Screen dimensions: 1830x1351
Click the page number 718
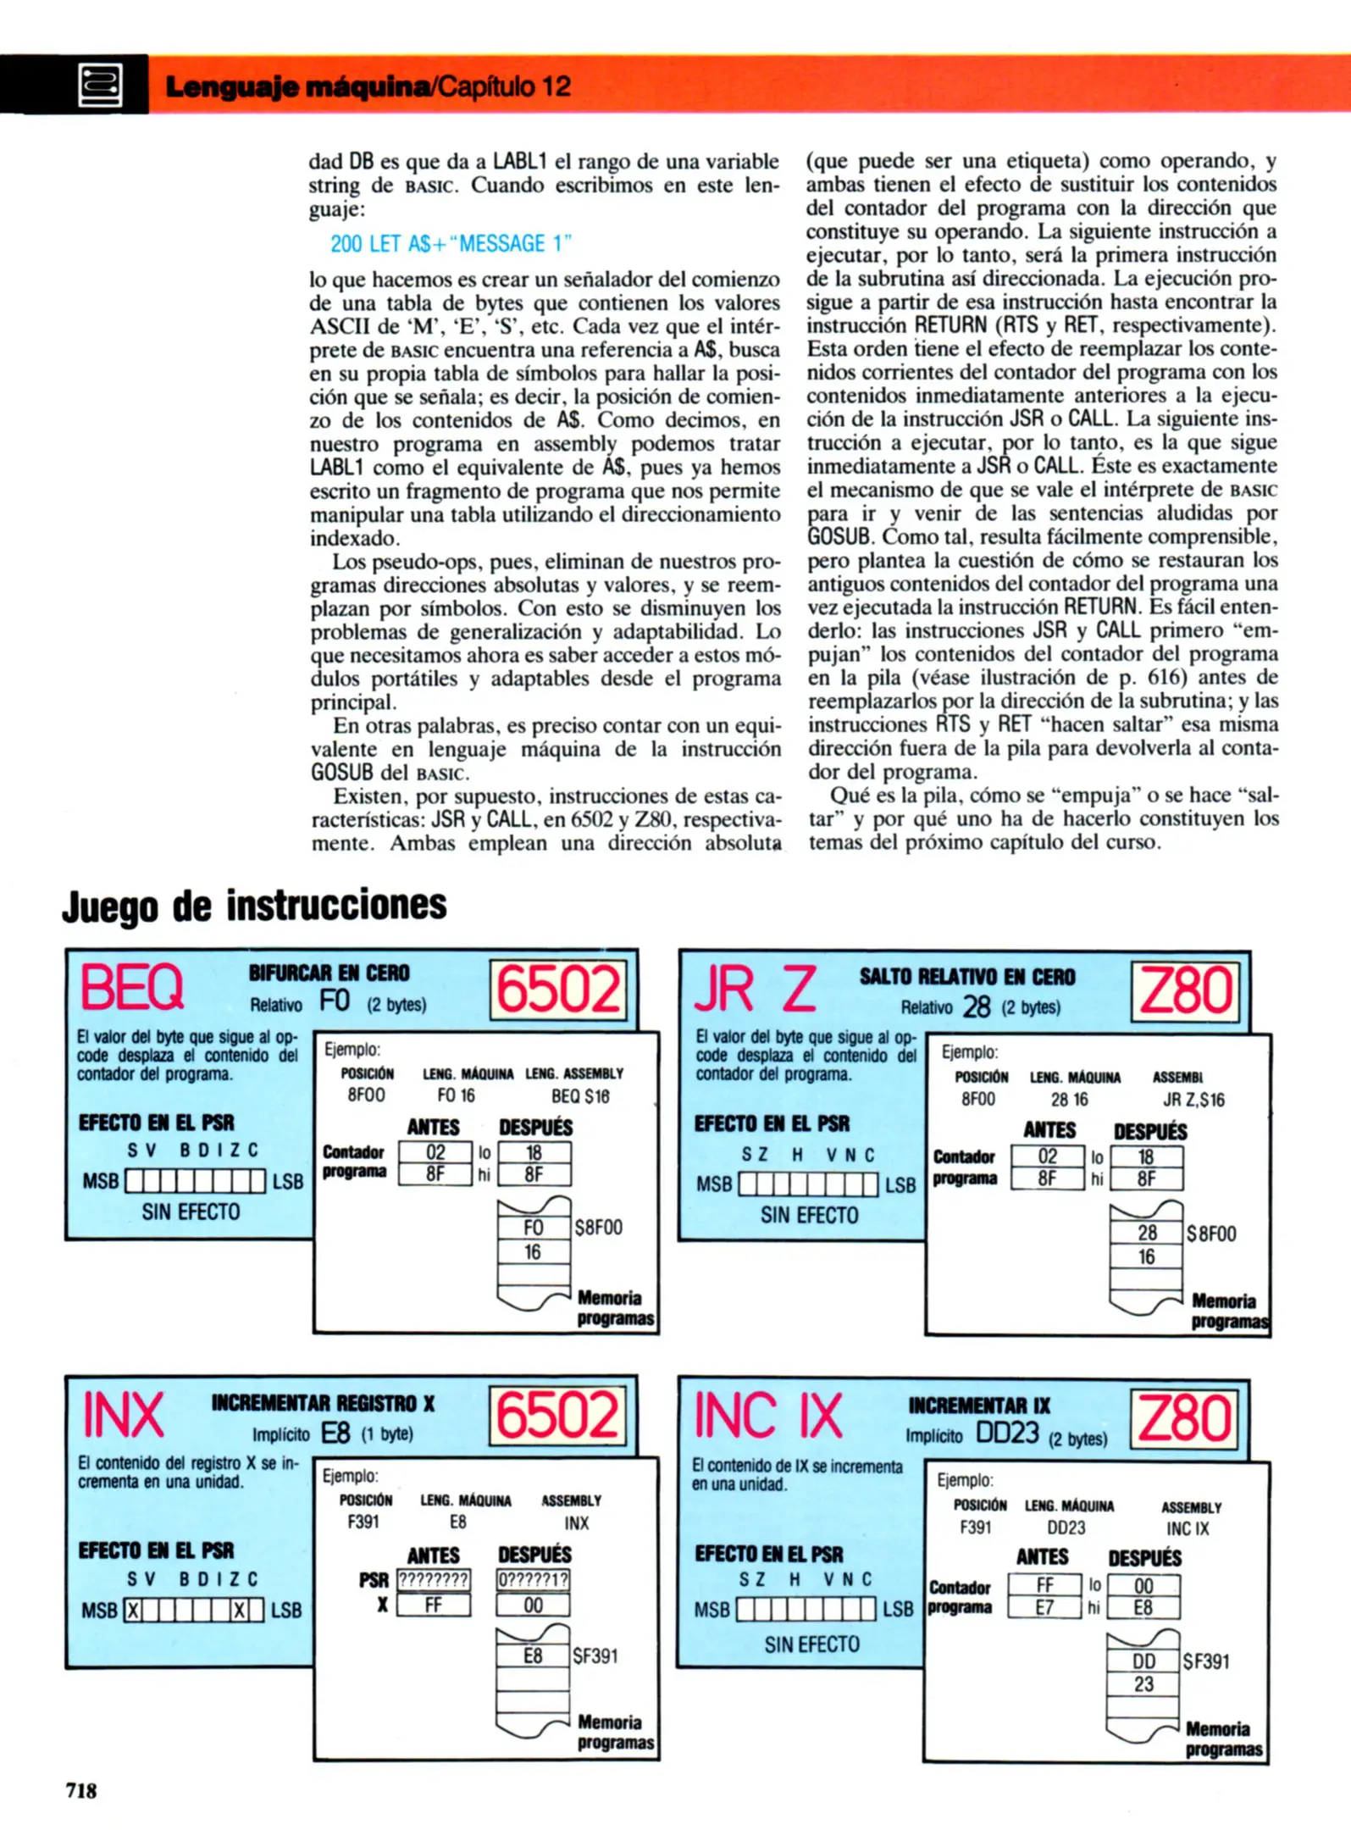pos(81,1790)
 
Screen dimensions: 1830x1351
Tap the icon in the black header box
pos(100,86)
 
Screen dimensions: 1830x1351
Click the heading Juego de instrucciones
pos(254,905)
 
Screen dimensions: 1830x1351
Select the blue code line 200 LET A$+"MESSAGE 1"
pos(451,244)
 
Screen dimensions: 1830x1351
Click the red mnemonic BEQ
pos(132,988)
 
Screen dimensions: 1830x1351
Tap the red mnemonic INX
pos(123,1416)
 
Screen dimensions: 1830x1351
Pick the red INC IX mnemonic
pos(768,1416)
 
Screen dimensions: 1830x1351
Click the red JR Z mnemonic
pos(755,989)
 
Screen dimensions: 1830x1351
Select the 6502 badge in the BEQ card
pos(558,990)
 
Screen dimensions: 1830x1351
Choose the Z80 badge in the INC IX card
pos(1185,1419)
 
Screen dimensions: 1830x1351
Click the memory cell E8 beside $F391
pos(532,1655)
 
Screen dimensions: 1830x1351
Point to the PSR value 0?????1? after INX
pos(533,1580)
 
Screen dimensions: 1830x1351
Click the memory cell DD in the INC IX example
pos(1143,1661)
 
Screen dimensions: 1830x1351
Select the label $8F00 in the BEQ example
pos(598,1228)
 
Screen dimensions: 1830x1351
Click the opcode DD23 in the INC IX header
pos(1007,1433)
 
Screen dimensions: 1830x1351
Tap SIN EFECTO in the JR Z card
pos(809,1215)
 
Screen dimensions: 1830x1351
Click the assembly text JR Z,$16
pos(1193,1101)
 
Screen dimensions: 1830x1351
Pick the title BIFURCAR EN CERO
pos(329,973)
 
